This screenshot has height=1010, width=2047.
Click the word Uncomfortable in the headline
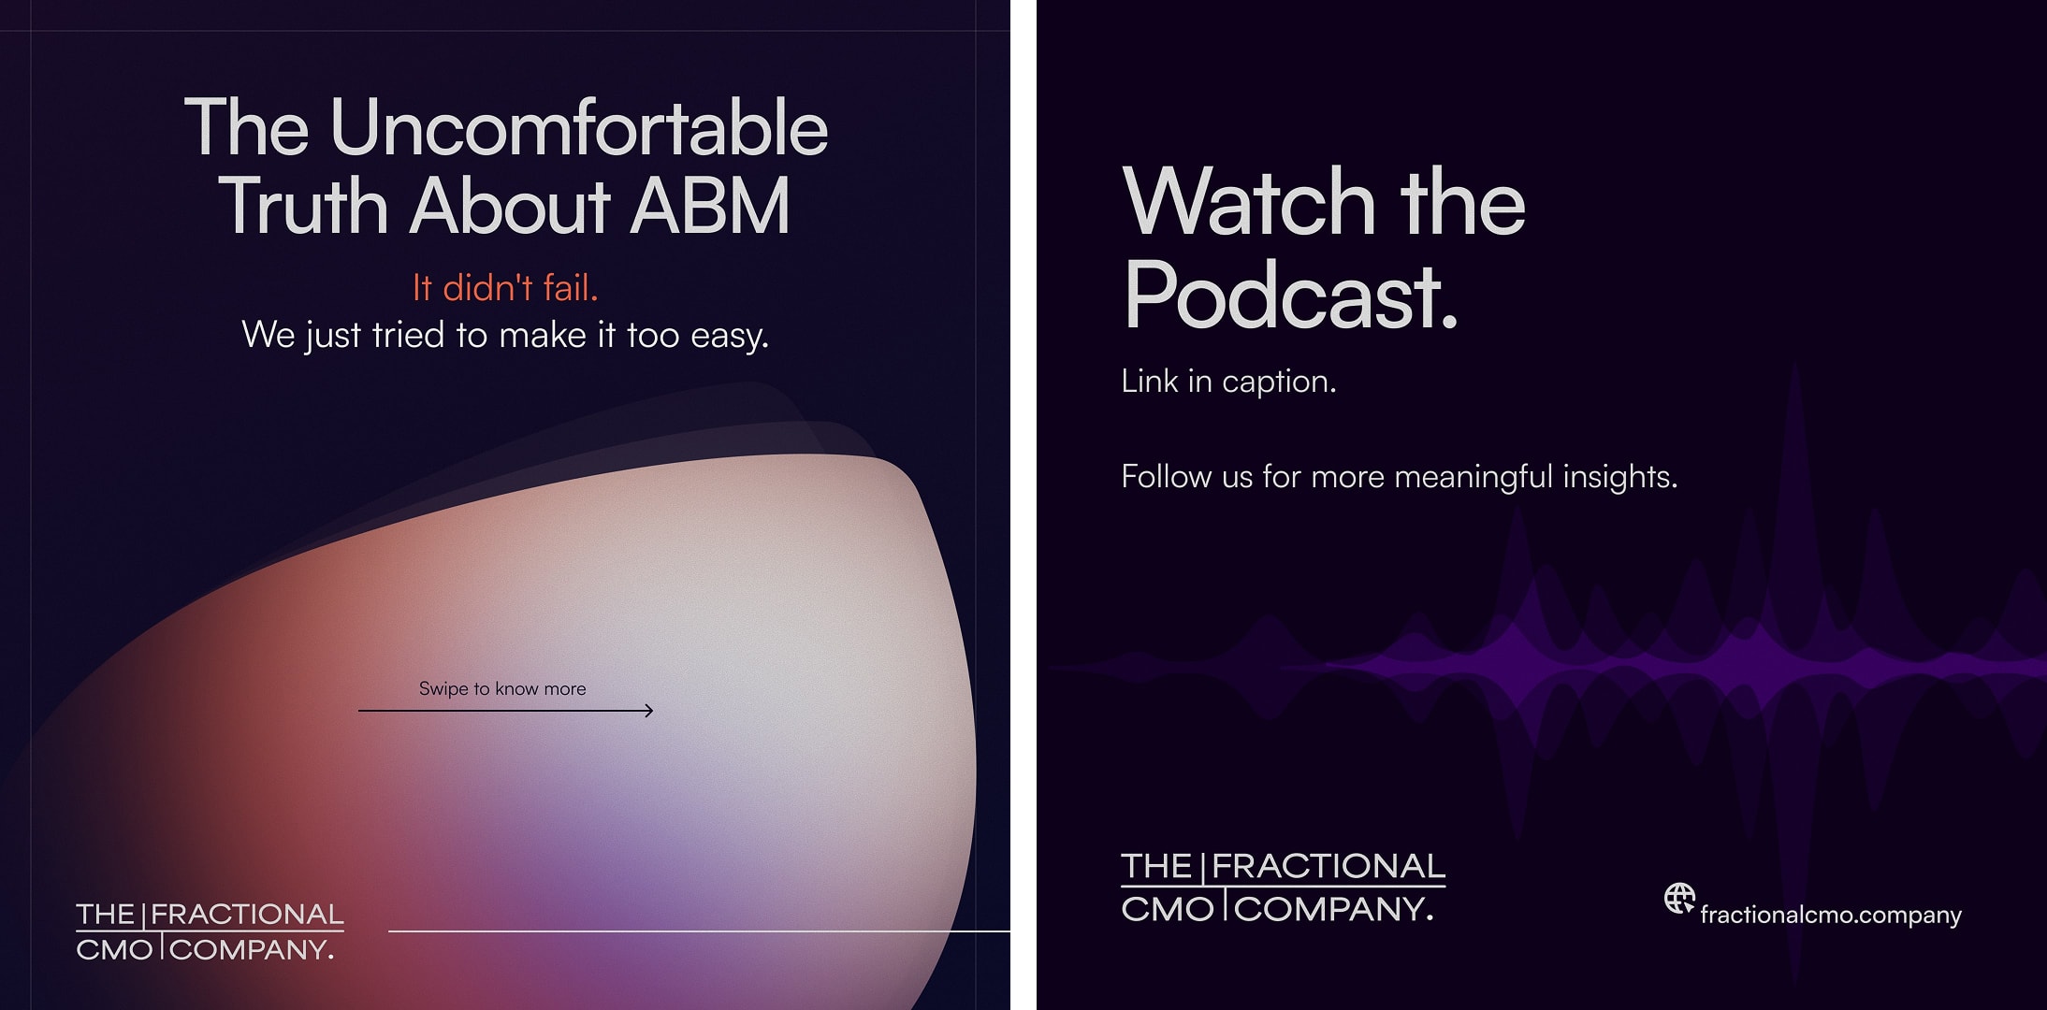[x=578, y=128]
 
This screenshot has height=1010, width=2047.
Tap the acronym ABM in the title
[x=710, y=207]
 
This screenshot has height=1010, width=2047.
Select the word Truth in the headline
[x=303, y=207]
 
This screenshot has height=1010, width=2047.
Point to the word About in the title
[x=510, y=207]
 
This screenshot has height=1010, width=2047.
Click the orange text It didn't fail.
[x=505, y=288]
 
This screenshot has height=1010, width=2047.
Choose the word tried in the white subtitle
[x=408, y=335]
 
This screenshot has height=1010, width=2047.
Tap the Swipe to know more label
[x=502, y=689]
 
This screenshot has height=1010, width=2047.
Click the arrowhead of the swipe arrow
[x=647, y=711]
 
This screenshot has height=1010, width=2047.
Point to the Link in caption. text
[x=1228, y=382]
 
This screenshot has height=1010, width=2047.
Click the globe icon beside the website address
[x=1679, y=899]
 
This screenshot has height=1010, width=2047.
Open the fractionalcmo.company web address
[x=1830, y=915]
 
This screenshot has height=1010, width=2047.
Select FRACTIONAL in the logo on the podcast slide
[x=1328, y=867]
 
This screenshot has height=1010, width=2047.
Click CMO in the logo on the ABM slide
[x=114, y=950]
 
